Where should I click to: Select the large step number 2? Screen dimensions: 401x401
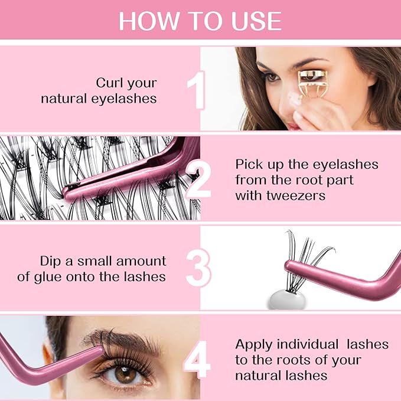pyautogui.click(x=198, y=178)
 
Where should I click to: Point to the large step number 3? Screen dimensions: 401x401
pyautogui.click(x=198, y=268)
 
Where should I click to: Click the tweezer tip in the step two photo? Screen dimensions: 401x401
pyautogui.click(x=68, y=191)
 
